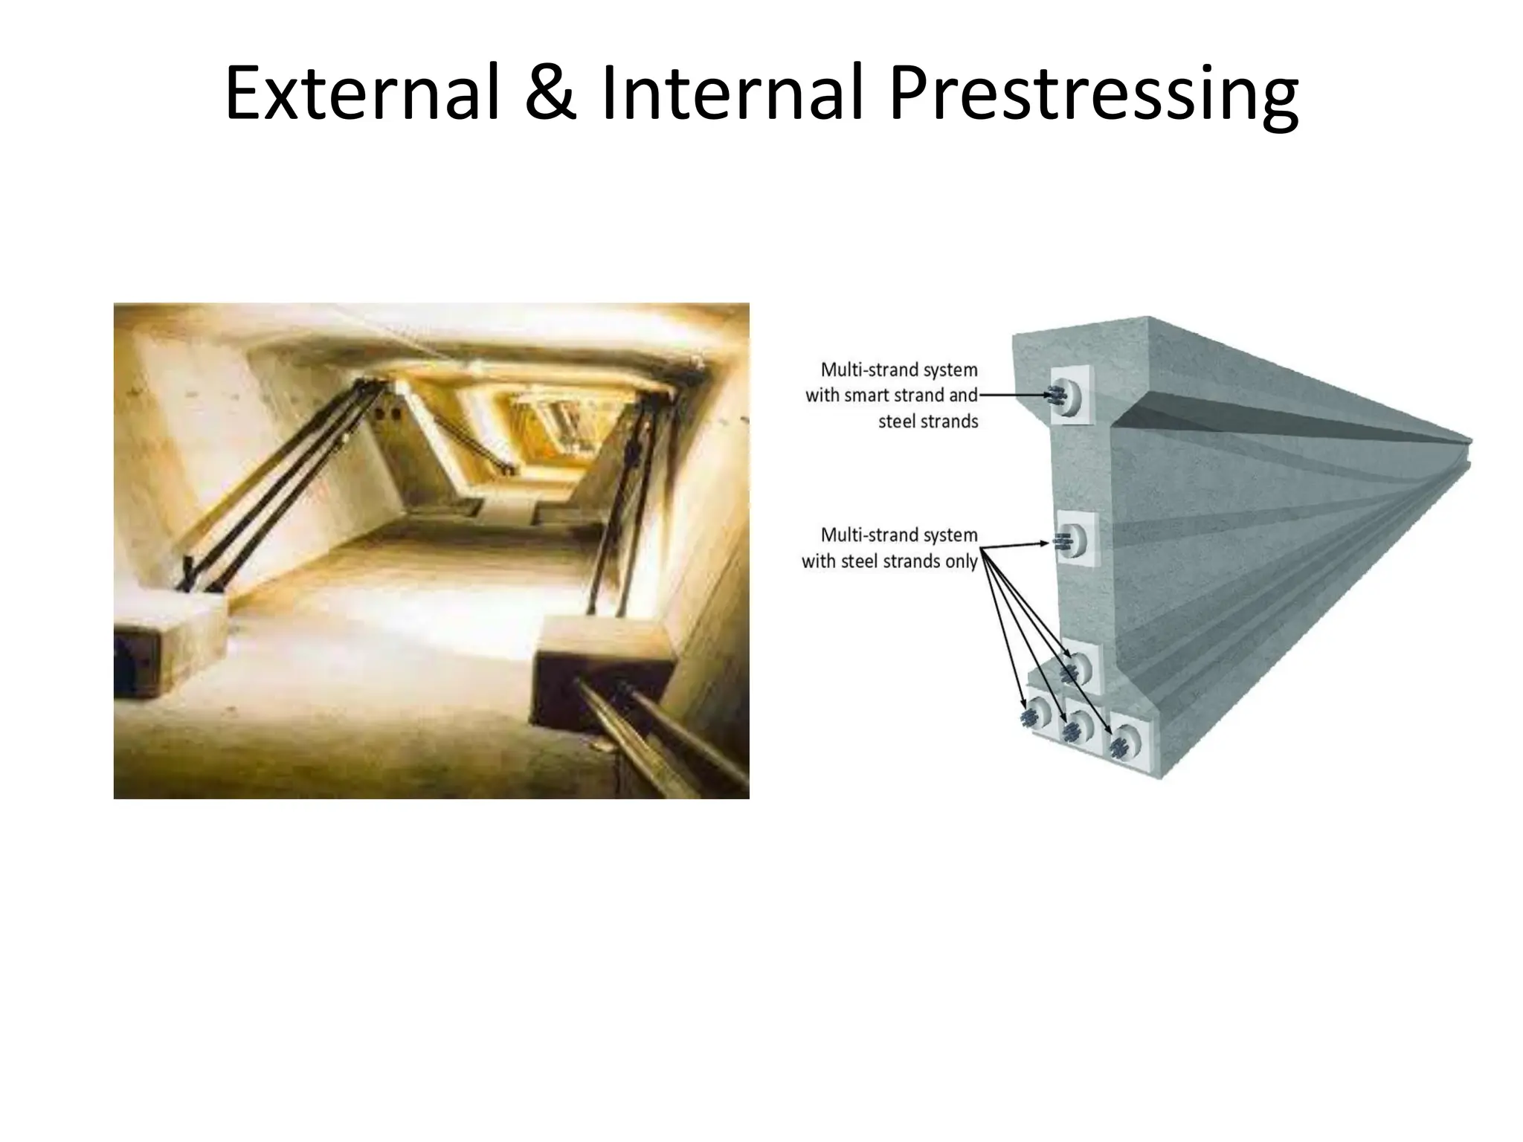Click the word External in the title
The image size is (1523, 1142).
(362, 94)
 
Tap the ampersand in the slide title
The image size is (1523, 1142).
(550, 94)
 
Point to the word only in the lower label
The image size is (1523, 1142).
(961, 561)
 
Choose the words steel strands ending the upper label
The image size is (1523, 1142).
(928, 422)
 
